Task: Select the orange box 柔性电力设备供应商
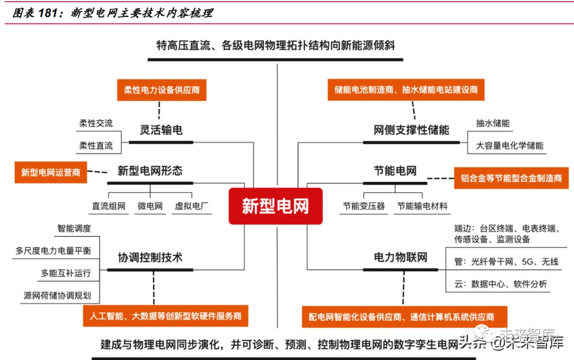[162, 90]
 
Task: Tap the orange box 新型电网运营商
[50, 172]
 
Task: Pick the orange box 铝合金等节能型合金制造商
[511, 178]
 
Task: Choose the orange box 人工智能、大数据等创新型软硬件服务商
[165, 316]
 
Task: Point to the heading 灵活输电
[161, 130]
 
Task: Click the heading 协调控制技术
[150, 257]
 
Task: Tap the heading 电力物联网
[401, 257]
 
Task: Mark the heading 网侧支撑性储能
[411, 130]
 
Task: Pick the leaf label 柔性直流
[96, 145]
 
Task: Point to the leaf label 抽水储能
[493, 123]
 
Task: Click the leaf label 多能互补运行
[66, 273]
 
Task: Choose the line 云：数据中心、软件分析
[501, 284]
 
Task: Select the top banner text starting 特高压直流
[275, 45]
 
